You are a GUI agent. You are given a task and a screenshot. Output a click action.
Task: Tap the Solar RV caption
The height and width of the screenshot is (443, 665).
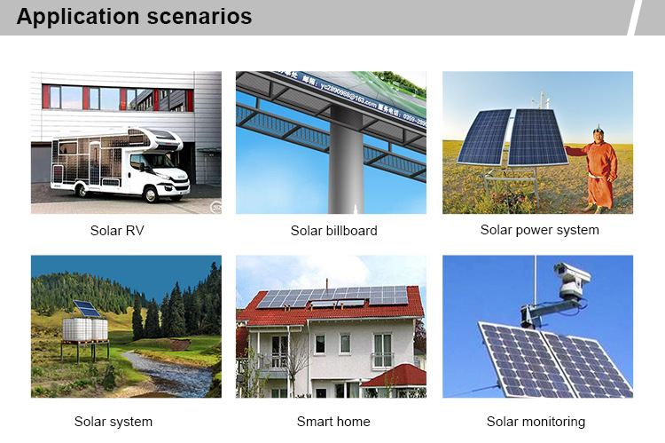tap(117, 231)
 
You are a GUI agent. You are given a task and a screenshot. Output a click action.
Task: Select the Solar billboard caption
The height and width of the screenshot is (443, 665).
tap(333, 231)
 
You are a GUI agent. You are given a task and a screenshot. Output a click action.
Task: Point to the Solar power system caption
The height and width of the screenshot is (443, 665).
tap(539, 230)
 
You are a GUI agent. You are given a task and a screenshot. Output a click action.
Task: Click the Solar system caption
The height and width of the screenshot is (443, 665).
tap(113, 422)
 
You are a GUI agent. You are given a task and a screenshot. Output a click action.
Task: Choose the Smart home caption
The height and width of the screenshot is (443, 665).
tap(333, 422)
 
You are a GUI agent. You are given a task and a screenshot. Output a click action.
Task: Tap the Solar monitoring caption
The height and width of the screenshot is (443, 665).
tap(536, 422)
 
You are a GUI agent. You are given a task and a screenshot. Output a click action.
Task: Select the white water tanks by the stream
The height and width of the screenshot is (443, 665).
tap(85, 329)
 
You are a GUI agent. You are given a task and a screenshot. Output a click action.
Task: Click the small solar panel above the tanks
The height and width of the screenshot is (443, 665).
tap(87, 308)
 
